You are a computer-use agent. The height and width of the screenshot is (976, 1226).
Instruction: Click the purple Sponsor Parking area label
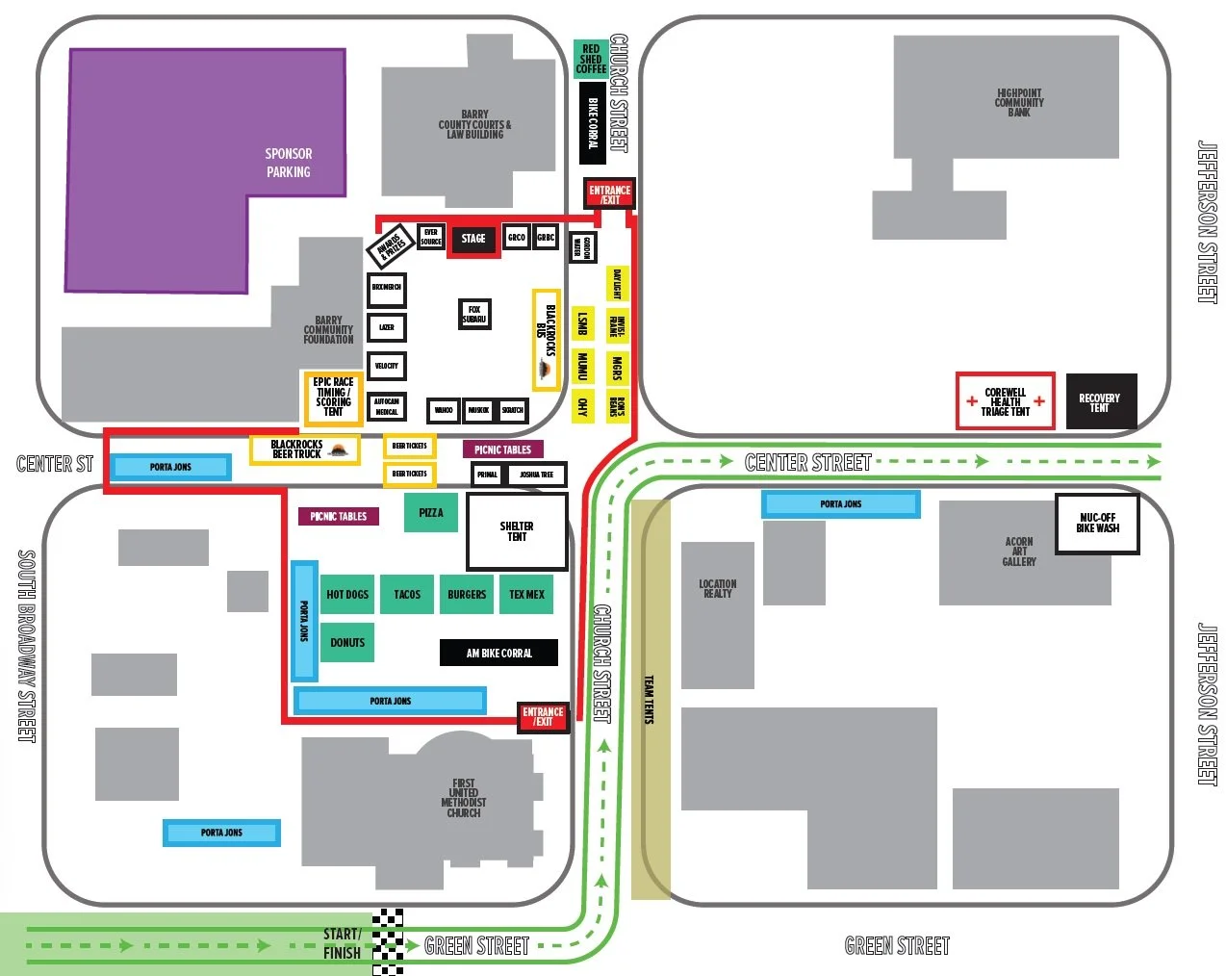pyautogui.click(x=289, y=163)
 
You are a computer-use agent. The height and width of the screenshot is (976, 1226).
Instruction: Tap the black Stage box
pyautogui.click(x=473, y=239)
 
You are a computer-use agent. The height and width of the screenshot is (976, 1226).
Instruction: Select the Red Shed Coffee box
pyautogui.click(x=591, y=59)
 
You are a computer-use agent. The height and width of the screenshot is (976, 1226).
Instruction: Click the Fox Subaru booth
pyautogui.click(x=474, y=314)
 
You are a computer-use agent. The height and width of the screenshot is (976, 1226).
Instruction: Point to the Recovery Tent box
pyautogui.click(x=1100, y=401)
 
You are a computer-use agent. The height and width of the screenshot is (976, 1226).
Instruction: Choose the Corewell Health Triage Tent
pyautogui.click(x=1006, y=401)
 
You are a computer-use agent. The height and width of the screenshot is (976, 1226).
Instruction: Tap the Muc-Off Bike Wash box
pyautogui.click(x=1097, y=524)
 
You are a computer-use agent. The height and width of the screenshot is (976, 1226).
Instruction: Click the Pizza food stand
pyautogui.click(x=431, y=513)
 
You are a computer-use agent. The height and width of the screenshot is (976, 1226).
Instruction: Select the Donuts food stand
pyautogui.click(x=347, y=642)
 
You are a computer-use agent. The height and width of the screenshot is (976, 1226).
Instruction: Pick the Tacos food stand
pyautogui.click(x=407, y=595)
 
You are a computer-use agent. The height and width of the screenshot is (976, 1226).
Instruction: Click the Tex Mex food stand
pyautogui.click(x=526, y=595)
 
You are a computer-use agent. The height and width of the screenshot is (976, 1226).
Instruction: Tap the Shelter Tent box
pyautogui.click(x=517, y=531)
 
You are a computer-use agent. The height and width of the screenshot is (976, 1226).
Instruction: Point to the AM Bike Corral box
pyautogui.click(x=498, y=653)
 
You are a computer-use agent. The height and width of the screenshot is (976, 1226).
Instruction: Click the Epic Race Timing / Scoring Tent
pyautogui.click(x=333, y=397)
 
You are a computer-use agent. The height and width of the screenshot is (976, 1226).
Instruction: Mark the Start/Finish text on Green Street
pyautogui.click(x=343, y=943)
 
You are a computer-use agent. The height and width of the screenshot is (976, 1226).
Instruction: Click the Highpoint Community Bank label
pyautogui.click(x=1019, y=103)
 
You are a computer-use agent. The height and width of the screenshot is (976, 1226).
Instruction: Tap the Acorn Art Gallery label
pyautogui.click(x=1019, y=552)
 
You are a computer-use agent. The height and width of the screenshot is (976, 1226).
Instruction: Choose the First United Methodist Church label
pyautogui.click(x=464, y=798)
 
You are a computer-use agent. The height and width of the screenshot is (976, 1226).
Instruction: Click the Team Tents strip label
pyautogui.click(x=650, y=700)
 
